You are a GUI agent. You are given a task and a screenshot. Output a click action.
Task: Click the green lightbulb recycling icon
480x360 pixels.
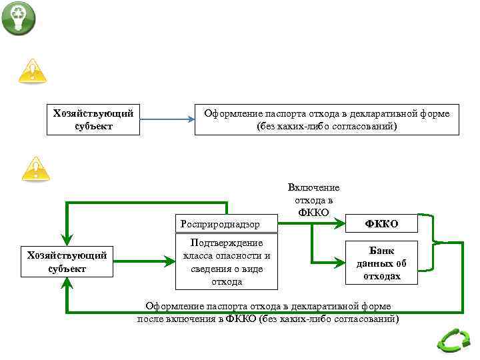(x=18, y=18)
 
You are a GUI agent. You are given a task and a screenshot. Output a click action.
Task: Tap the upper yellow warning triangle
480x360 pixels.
(x=32, y=70)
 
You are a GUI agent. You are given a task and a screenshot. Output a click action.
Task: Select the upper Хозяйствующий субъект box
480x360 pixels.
(x=93, y=119)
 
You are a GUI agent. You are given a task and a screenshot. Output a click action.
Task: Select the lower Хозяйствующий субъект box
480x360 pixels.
(x=67, y=261)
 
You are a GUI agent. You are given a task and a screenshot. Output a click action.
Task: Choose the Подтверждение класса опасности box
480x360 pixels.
(x=227, y=262)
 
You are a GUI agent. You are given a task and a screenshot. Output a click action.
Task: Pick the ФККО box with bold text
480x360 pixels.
(x=381, y=224)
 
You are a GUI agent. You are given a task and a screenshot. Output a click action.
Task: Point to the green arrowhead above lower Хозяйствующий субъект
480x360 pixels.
(x=67, y=238)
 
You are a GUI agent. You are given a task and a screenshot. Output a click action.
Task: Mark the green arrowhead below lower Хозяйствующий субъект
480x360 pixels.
(x=67, y=284)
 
